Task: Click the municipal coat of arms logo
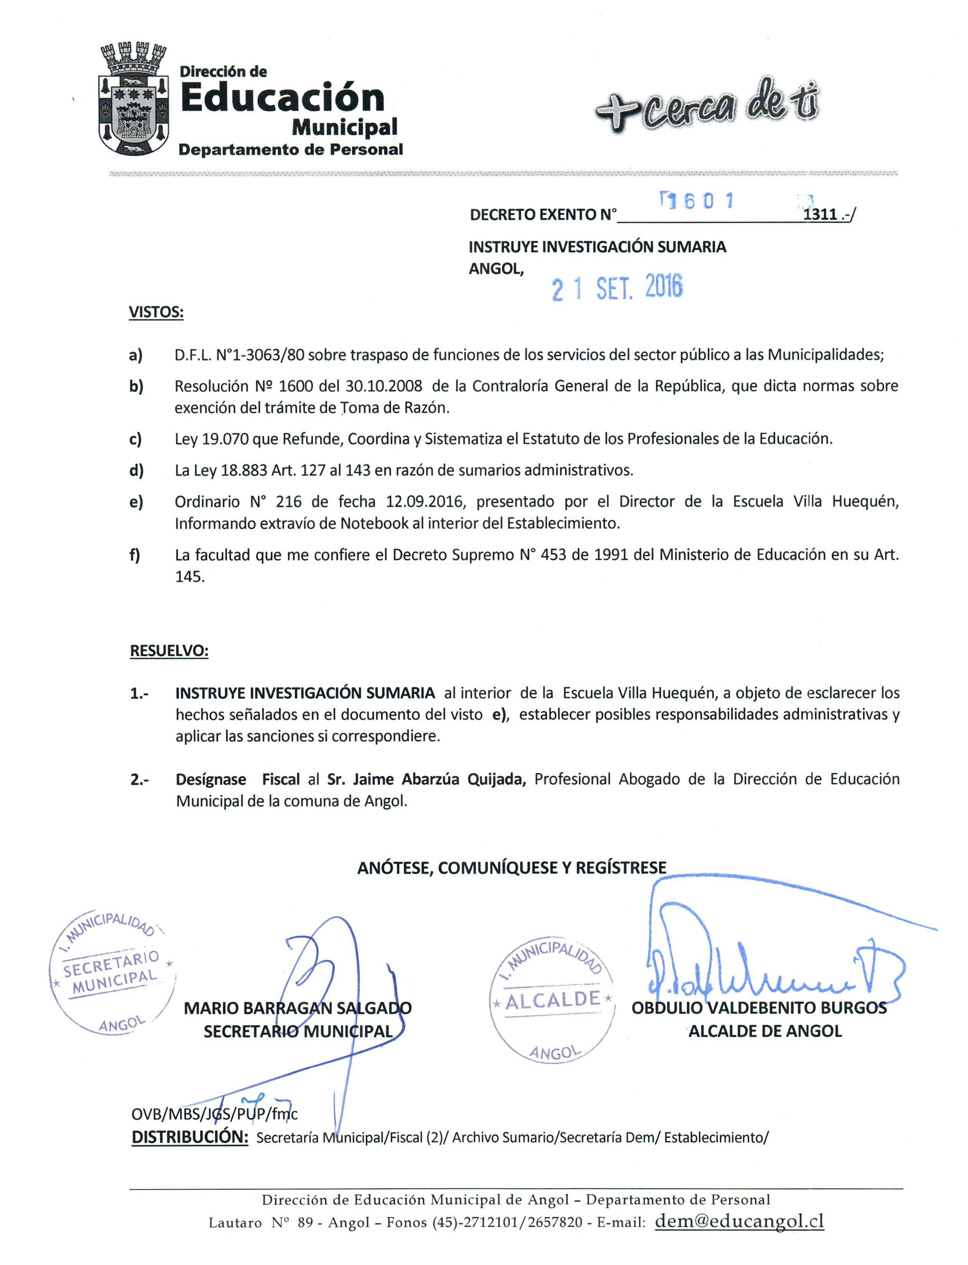pyautogui.click(x=134, y=99)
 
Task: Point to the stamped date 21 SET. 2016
pyautogui.click(x=617, y=288)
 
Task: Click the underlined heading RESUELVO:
pyautogui.click(x=169, y=651)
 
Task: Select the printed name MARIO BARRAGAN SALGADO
pyautogui.click(x=297, y=1008)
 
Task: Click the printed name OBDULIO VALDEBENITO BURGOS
pyautogui.click(x=759, y=1008)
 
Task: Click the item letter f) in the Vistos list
pyautogui.click(x=135, y=555)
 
